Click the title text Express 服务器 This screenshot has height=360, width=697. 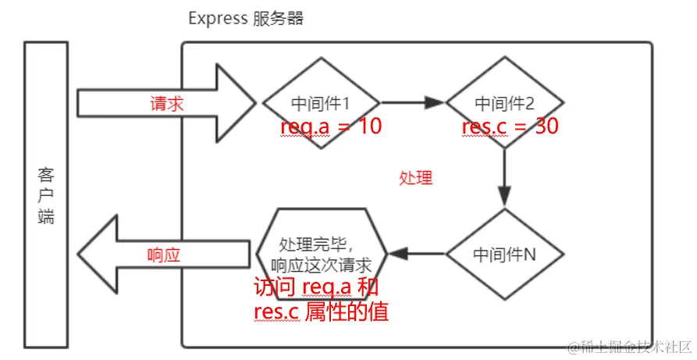coord(246,19)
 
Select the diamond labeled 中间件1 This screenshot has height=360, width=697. coord(321,102)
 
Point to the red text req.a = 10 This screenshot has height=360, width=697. coord(331,127)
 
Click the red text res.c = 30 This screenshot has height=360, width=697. coord(510,127)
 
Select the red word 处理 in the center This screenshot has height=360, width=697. coord(415,178)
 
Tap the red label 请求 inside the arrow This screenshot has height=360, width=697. coord(166,103)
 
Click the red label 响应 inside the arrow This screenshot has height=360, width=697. coord(164,255)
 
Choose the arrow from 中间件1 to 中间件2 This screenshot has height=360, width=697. coord(411,102)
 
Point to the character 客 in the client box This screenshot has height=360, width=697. coord(46,173)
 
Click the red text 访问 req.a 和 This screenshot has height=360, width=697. coord(315,288)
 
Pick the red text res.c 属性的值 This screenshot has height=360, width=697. coord(321,312)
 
